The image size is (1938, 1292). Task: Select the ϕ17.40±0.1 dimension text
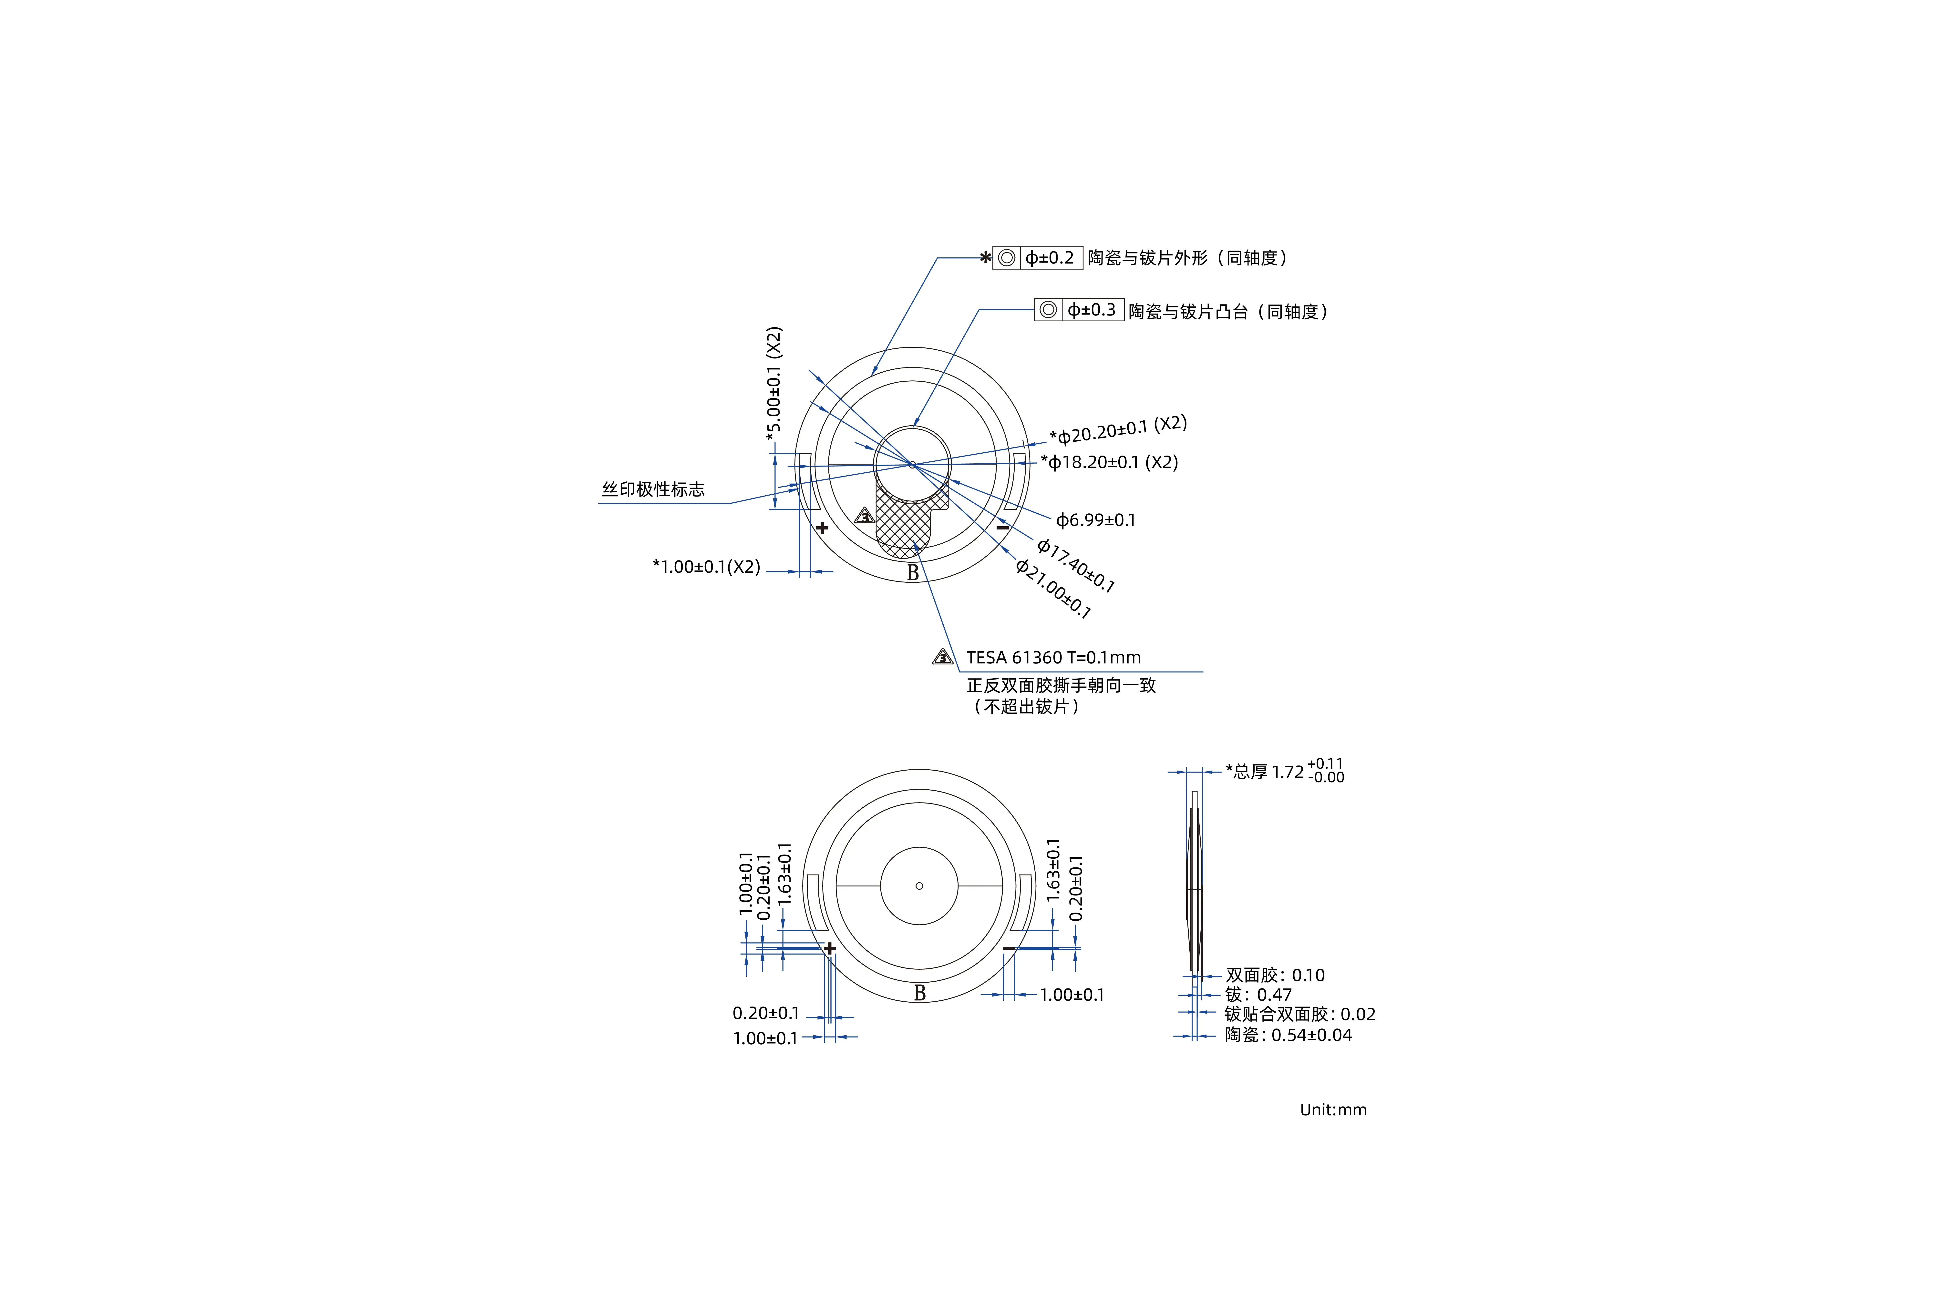click(x=1075, y=565)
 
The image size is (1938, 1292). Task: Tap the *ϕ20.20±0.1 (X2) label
click(x=1118, y=430)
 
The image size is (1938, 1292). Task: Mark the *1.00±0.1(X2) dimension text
click(x=706, y=567)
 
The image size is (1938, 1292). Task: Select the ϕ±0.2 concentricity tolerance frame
click(x=1037, y=258)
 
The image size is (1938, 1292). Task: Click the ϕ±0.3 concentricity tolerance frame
click(x=1079, y=310)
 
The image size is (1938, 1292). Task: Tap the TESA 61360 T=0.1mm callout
click(x=1053, y=658)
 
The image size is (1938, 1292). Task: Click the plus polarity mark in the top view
click(x=822, y=527)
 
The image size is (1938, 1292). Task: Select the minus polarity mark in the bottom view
click(x=1009, y=948)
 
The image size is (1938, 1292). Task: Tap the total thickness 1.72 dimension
click(x=1284, y=771)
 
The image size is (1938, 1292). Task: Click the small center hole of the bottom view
click(x=919, y=886)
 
